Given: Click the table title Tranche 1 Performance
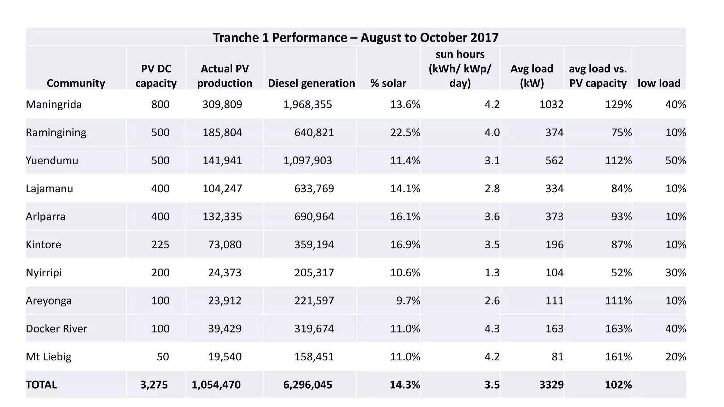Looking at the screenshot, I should [356, 37].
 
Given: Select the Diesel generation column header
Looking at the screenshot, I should [311, 83].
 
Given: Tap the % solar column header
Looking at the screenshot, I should [388, 83].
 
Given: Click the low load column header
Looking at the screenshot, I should [659, 83].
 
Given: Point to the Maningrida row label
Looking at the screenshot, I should [54, 105].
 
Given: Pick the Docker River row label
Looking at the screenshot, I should [57, 329].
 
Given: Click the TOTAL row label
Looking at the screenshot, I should [41, 385].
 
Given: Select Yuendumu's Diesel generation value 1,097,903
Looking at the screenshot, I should [308, 161].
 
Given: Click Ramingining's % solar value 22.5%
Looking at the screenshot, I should [405, 132].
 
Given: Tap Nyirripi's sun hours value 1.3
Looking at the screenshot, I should [492, 273].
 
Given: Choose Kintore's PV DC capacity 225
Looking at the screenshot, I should [160, 244].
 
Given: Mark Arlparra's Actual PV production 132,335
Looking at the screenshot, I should [222, 217].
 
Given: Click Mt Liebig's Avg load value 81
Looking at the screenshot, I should [557, 357].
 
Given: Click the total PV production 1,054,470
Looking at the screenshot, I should [216, 385].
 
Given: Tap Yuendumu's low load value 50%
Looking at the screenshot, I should [676, 161].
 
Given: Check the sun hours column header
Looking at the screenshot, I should [460, 69].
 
